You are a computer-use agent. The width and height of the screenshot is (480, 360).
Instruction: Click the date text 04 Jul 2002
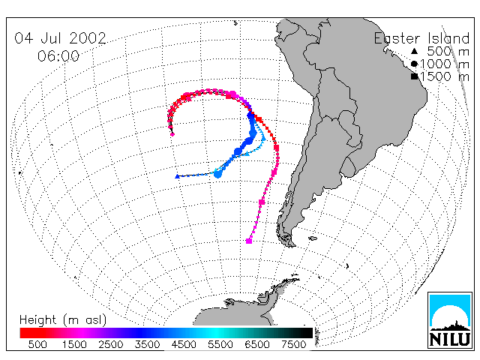click(x=60, y=38)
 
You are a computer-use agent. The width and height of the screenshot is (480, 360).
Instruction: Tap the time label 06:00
click(x=58, y=56)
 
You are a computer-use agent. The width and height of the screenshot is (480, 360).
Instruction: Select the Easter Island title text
click(x=421, y=38)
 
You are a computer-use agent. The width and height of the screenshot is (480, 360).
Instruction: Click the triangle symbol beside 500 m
click(x=414, y=51)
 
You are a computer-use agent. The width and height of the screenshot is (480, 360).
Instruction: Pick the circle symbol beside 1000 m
click(x=414, y=64)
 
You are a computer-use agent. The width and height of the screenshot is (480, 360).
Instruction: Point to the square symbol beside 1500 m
click(x=415, y=76)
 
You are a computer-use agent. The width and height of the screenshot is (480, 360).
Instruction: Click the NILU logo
click(x=450, y=320)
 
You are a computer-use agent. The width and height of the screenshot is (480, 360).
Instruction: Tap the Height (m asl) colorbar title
click(x=63, y=320)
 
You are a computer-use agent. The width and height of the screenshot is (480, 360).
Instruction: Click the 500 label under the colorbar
click(x=37, y=344)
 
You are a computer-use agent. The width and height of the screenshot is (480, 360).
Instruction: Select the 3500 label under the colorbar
click(x=147, y=344)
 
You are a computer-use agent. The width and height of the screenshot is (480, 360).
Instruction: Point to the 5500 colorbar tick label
click(x=220, y=344)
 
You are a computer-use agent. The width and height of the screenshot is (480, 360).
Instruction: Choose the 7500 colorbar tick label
click(x=293, y=344)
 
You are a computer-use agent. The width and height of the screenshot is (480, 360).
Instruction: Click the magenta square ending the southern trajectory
click(x=249, y=241)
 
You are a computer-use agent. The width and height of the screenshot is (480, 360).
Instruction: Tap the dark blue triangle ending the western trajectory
click(x=177, y=176)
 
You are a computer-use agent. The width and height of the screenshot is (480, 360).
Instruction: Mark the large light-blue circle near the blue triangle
click(x=217, y=175)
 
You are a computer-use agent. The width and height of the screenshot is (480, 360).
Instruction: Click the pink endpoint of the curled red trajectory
click(x=172, y=134)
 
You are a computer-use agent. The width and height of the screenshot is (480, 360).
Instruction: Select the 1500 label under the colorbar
click(x=74, y=344)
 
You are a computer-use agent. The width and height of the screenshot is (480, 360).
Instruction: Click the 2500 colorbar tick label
click(x=111, y=344)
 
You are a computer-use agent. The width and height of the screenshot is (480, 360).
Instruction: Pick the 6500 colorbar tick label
click(x=257, y=344)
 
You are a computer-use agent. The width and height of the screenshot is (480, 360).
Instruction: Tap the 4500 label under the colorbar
click(x=184, y=344)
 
